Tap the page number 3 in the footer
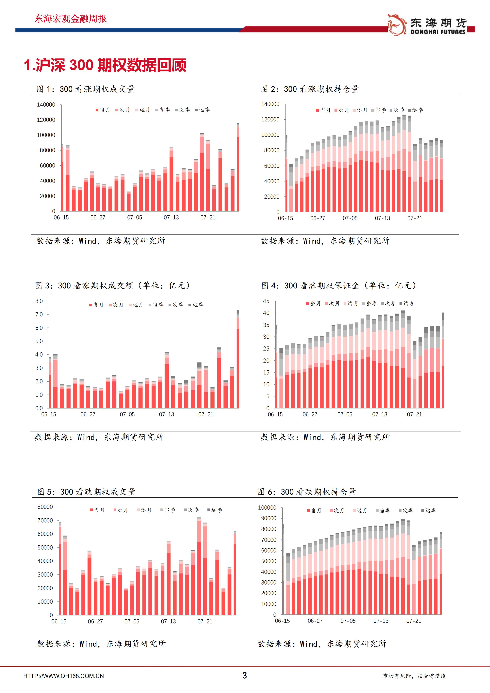click(245, 675)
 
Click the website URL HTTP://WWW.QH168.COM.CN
click(63, 676)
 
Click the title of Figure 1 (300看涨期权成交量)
click(86, 89)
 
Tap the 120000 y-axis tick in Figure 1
click(46, 120)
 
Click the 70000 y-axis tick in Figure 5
click(45, 520)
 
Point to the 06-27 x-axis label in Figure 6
click(315, 621)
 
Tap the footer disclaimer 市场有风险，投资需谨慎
click(414, 676)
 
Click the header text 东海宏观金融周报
click(71, 19)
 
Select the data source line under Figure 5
click(101, 644)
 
